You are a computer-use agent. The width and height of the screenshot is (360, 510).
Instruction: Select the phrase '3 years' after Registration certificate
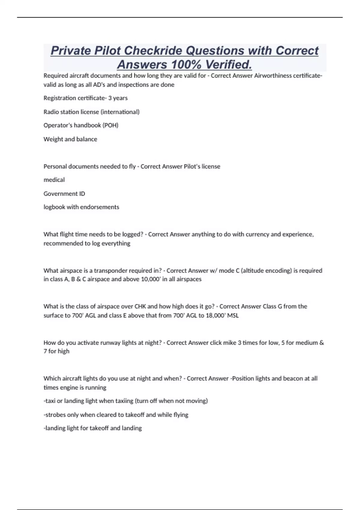pyautogui.click(x=118, y=98)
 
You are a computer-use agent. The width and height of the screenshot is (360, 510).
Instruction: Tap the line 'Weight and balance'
pyautogui.click(x=70, y=139)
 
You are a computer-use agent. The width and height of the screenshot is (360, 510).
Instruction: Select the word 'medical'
pyautogui.click(x=54, y=180)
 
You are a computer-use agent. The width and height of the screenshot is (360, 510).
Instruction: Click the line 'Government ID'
pyautogui.click(x=64, y=193)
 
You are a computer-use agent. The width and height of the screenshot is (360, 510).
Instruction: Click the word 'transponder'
pyautogui.click(x=110, y=271)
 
